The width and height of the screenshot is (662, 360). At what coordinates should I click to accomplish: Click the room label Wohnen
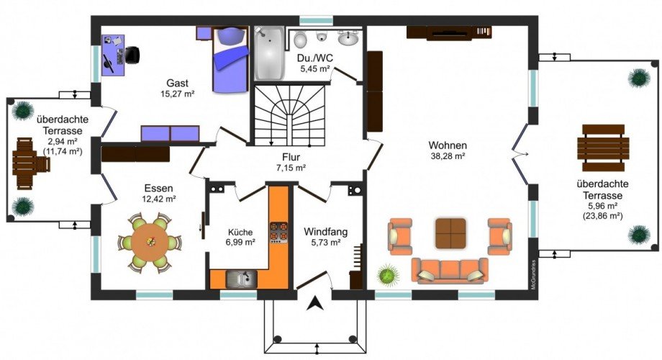point(448,145)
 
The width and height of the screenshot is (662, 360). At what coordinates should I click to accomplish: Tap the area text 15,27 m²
point(177,94)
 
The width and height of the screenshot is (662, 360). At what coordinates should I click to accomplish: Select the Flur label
point(291,157)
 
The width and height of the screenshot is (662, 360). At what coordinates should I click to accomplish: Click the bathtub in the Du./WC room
point(269,53)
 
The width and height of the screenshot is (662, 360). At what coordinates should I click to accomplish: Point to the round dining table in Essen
point(150,243)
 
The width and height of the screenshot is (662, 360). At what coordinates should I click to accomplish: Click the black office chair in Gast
point(132,55)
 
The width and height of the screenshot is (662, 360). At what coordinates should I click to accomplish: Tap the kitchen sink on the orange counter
point(242,279)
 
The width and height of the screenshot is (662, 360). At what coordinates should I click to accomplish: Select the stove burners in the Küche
point(278,233)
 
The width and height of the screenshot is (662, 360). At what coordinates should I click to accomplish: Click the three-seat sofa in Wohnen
point(450,271)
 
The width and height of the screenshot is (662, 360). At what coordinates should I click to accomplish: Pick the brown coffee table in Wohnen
point(450,233)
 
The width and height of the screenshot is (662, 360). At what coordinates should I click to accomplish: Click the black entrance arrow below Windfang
point(314,303)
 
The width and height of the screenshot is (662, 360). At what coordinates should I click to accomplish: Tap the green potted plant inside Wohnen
point(388,274)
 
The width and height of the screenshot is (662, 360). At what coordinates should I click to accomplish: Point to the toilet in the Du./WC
point(300,40)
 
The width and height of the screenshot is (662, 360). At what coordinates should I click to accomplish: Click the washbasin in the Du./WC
point(348,39)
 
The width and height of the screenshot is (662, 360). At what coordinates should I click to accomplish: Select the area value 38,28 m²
point(448,156)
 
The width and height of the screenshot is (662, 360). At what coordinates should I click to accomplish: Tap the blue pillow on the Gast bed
point(230,35)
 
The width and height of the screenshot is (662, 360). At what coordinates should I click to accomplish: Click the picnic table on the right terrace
point(603,148)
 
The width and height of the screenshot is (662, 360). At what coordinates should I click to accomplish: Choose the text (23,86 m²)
point(603,216)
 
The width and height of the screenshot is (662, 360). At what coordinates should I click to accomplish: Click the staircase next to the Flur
point(289,115)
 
